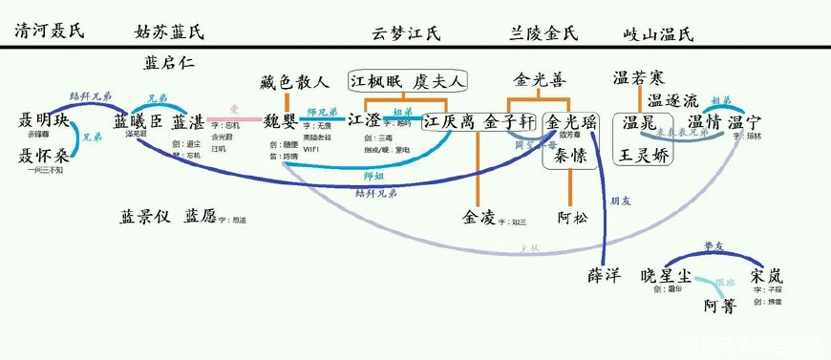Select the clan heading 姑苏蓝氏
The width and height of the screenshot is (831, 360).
[x=169, y=32]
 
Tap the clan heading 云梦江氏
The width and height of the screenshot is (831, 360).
[x=406, y=33]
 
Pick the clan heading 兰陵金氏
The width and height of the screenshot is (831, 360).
[x=545, y=33]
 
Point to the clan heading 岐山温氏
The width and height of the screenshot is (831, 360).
[x=658, y=33]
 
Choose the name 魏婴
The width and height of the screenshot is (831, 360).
[x=283, y=122]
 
